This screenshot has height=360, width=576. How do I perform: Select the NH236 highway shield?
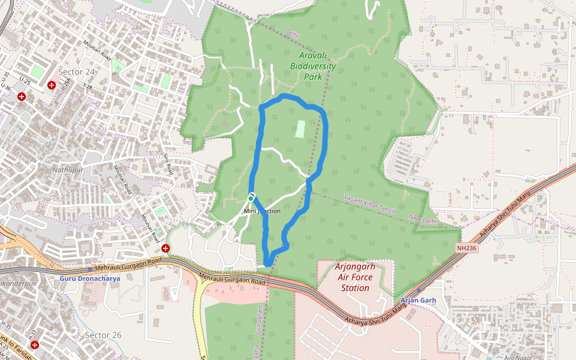pos(466,247)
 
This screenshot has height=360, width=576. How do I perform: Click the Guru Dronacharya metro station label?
pos(90,278)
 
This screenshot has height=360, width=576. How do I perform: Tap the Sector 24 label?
pos(77,72)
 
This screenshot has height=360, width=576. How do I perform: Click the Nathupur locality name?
pos(67,170)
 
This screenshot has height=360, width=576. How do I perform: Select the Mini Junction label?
pos(262,211)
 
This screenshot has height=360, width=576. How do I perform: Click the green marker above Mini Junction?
pos(251,197)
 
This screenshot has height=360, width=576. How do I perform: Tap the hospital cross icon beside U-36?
pos(22,96)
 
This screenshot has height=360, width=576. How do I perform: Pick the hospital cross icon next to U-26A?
pos(52,85)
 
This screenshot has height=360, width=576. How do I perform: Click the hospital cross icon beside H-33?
pos(35,345)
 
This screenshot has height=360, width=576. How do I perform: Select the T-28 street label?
pos(88,87)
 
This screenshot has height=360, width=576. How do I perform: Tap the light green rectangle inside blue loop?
pos(301,128)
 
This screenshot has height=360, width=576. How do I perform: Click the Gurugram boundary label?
pos(260,318)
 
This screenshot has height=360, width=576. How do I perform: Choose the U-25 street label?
pos(25,80)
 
